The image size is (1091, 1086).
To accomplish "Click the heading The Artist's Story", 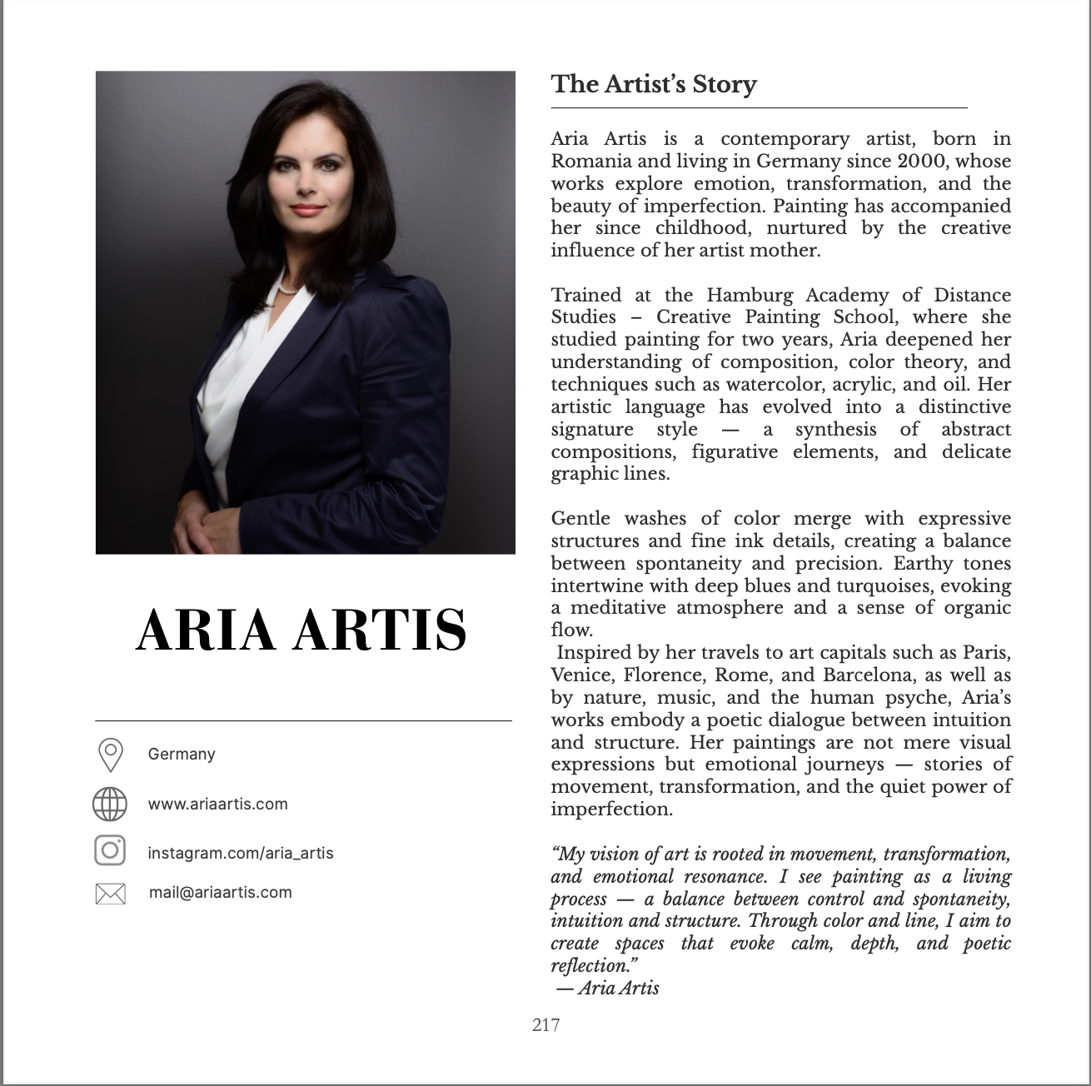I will tap(654, 84).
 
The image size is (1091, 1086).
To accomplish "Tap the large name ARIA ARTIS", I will tap(301, 630).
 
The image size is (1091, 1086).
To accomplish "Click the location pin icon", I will tap(111, 755).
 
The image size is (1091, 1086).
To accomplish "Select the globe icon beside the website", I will tap(110, 805).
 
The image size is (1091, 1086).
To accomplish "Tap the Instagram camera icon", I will tap(110, 850).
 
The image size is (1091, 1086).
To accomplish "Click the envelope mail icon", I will tap(111, 894).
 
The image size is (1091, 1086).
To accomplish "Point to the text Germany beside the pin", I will tap(182, 754).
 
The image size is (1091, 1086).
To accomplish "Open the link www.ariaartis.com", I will tap(217, 804).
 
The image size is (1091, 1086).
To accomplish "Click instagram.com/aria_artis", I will tap(240, 853).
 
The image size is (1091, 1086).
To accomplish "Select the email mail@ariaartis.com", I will tap(220, 892).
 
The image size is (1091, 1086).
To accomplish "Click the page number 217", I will tap(545, 1025).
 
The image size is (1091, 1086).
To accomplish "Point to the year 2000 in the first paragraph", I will tap(923, 161).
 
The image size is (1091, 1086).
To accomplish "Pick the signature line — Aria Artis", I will tap(608, 989).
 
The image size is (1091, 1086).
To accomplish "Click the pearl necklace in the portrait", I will tap(288, 291).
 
